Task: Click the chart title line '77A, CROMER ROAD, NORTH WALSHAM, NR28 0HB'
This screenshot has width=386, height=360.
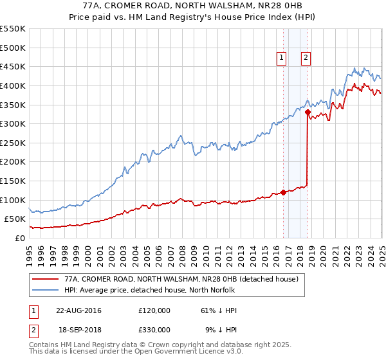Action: pos(192,6)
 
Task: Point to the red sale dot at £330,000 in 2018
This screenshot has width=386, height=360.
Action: pos(308,113)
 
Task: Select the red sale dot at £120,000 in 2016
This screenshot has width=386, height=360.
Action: pos(284,192)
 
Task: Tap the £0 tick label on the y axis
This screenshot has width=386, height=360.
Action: pos(21,238)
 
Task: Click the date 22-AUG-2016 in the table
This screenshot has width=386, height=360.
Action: pos(78,310)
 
